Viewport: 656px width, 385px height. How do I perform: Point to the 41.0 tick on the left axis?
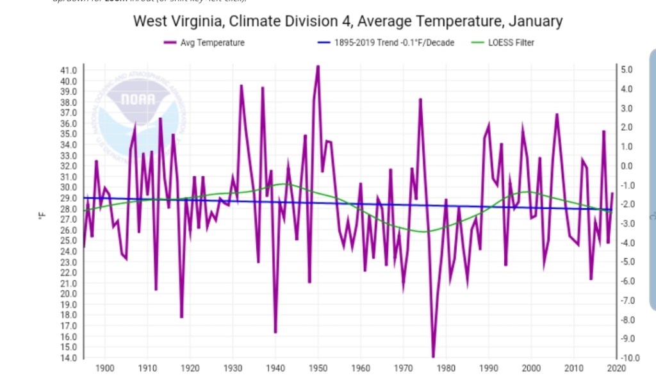[x=69, y=70]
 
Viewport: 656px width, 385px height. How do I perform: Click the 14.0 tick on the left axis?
[x=69, y=357]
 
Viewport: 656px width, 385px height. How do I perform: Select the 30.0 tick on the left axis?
[x=69, y=187]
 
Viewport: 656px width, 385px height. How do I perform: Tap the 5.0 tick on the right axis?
[x=628, y=69]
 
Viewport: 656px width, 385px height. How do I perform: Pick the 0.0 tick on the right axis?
[x=628, y=166]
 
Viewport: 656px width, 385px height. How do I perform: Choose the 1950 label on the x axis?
[x=318, y=368]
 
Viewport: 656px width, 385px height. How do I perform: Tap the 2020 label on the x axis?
[x=617, y=368]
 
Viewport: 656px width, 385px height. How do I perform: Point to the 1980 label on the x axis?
[x=446, y=368]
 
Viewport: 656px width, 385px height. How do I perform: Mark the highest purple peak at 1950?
[x=318, y=66]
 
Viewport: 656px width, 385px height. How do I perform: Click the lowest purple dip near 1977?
[x=433, y=356]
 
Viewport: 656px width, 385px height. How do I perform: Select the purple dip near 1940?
[x=275, y=332]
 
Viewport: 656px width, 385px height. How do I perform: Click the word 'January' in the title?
[x=535, y=21]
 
